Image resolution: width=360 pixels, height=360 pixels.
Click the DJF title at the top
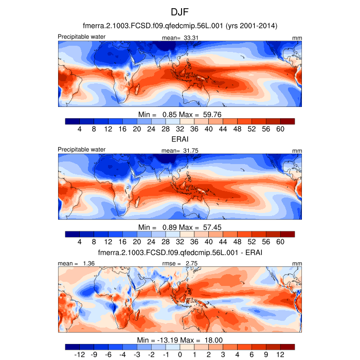click(180, 11)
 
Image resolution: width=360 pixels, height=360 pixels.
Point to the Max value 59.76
click(212, 114)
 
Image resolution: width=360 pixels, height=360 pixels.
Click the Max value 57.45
click(212, 227)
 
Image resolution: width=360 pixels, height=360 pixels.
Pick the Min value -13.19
click(167, 340)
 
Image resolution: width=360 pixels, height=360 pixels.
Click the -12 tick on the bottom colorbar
click(80, 355)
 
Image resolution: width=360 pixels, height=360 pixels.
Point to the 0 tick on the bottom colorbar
click(180, 355)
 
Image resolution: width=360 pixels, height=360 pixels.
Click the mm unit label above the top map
click(297, 38)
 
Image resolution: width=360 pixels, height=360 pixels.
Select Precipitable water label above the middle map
click(82, 149)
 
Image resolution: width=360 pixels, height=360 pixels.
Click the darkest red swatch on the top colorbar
click(287, 121)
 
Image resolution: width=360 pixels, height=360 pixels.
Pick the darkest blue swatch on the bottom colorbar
click(73, 347)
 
